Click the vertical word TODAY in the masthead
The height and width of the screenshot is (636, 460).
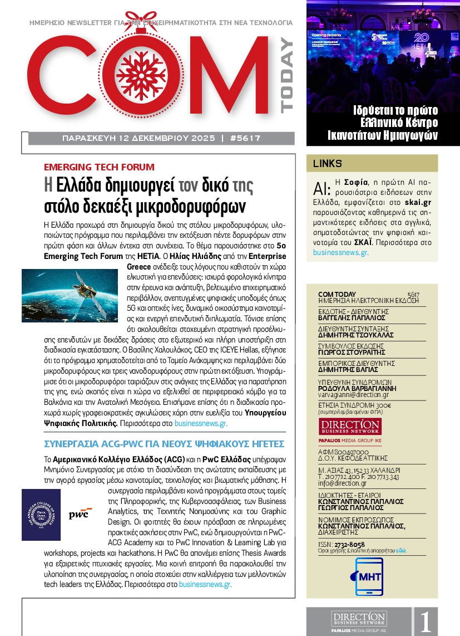coord(286,75)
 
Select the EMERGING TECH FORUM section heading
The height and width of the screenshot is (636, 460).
coord(99,167)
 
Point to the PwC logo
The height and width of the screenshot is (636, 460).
coord(81,513)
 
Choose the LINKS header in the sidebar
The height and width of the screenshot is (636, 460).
coord(328,164)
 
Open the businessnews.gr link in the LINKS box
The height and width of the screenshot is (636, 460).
coord(340,252)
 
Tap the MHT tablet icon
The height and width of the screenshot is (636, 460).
coord(362,576)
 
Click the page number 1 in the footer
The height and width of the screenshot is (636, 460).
coord(426,622)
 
